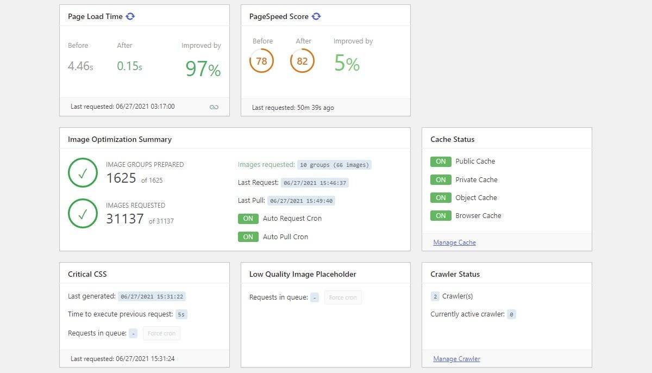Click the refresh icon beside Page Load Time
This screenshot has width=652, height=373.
[130, 16]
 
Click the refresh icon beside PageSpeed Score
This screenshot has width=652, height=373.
[316, 16]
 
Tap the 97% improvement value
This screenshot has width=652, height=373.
[203, 69]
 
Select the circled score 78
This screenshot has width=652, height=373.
[261, 61]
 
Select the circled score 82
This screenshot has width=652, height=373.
[302, 61]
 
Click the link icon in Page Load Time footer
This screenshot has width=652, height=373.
[214, 107]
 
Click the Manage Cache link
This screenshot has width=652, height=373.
[454, 243]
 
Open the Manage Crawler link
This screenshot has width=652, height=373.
[456, 359]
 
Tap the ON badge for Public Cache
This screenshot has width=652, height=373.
[441, 161]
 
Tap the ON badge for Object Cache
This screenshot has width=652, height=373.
[441, 198]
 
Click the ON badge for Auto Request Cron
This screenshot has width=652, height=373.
[248, 219]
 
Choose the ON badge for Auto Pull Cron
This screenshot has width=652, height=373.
[248, 237]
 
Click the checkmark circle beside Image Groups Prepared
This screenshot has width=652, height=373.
[83, 173]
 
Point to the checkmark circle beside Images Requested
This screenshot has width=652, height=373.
[83, 214]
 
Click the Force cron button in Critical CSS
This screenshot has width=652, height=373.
[161, 333]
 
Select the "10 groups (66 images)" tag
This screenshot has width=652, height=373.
[334, 165]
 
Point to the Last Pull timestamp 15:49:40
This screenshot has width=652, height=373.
[302, 201]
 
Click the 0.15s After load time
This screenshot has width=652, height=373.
[129, 66]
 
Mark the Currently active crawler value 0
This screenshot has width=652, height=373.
[511, 314]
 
